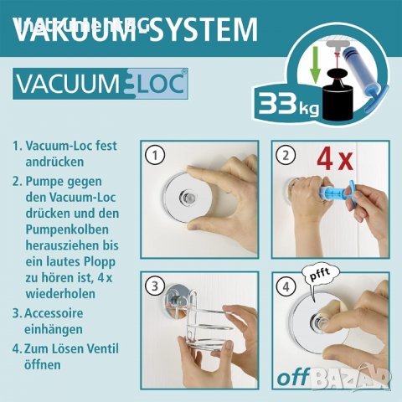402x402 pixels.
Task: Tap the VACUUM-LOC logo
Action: click(100, 85)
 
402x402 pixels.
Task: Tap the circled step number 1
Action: click(152, 155)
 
